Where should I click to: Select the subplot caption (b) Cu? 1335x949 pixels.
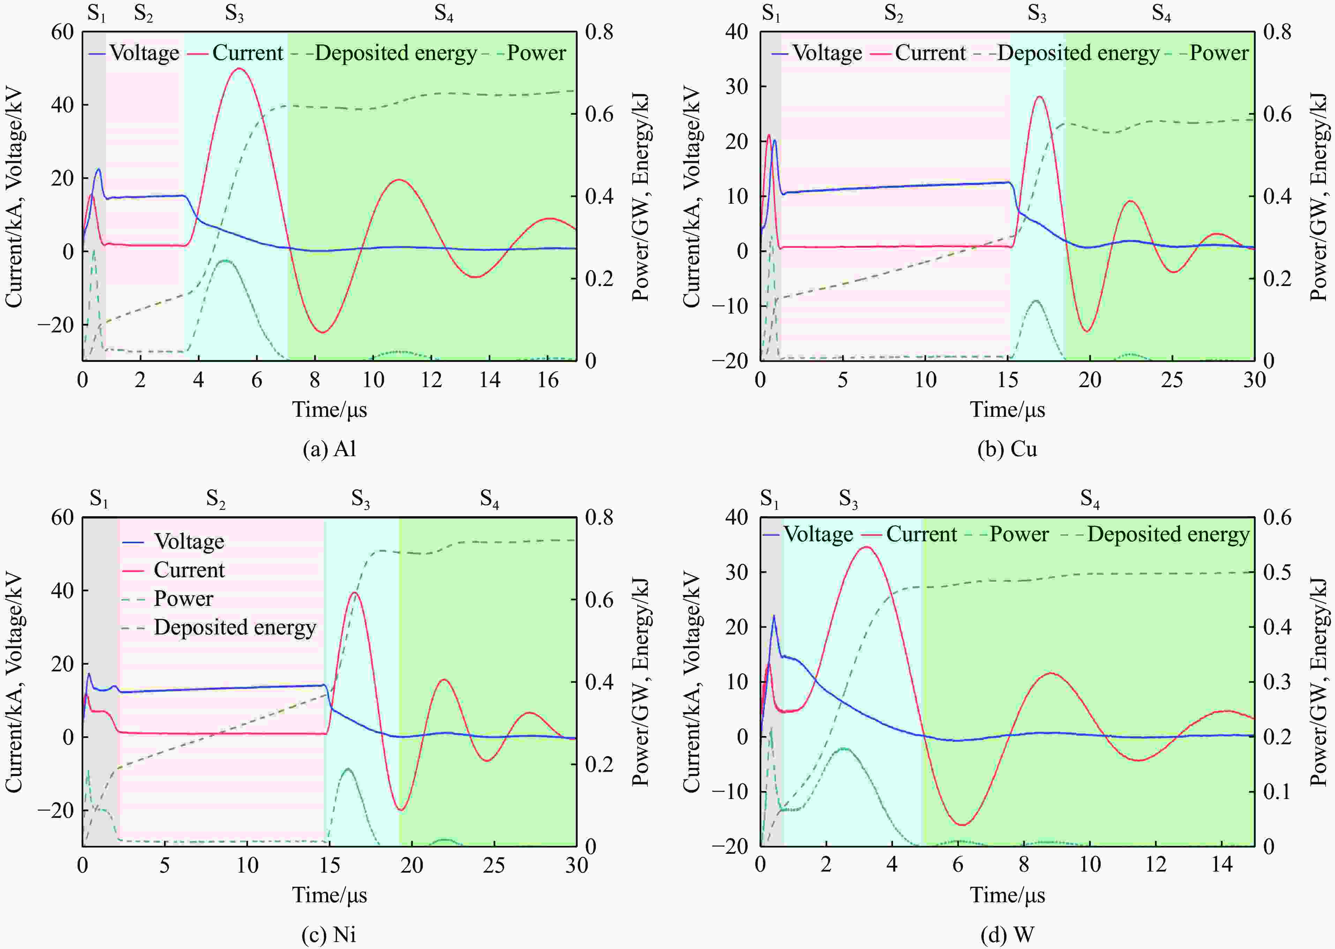[1007, 449]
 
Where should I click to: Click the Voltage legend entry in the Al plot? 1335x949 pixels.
[134, 53]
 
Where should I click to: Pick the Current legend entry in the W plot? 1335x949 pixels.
[913, 534]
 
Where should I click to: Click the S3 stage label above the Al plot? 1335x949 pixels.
[234, 14]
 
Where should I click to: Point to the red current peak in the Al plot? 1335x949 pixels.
[239, 68]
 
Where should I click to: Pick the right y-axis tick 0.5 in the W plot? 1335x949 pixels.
[1277, 572]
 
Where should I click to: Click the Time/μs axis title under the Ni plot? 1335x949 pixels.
[330, 895]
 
